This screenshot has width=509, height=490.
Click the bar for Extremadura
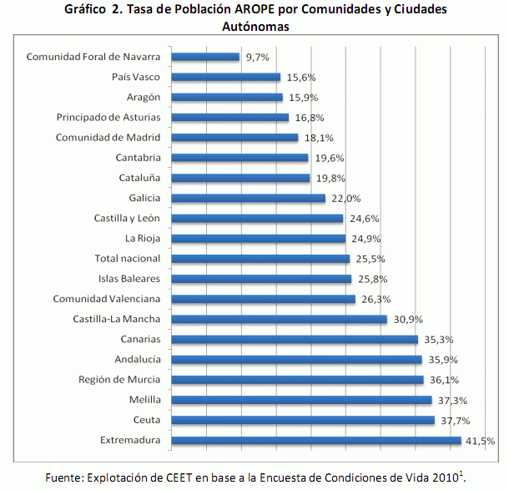(316, 440)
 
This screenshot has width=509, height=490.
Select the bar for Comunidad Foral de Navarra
(206, 58)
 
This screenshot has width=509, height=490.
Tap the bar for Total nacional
(260, 259)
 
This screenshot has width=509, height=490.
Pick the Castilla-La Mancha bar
(280, 319)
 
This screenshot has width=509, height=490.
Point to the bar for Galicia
(249, 199)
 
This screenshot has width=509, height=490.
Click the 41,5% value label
(480, 440)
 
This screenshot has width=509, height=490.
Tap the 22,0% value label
(344, 199)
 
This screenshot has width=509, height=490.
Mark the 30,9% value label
(406, 319)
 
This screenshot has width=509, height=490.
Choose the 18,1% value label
(316, 138)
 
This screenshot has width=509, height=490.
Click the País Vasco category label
(135, 78)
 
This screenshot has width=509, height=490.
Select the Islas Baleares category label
(126, 279)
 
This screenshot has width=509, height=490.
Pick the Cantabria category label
(138, 158)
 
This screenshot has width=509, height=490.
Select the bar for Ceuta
(303, 420)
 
